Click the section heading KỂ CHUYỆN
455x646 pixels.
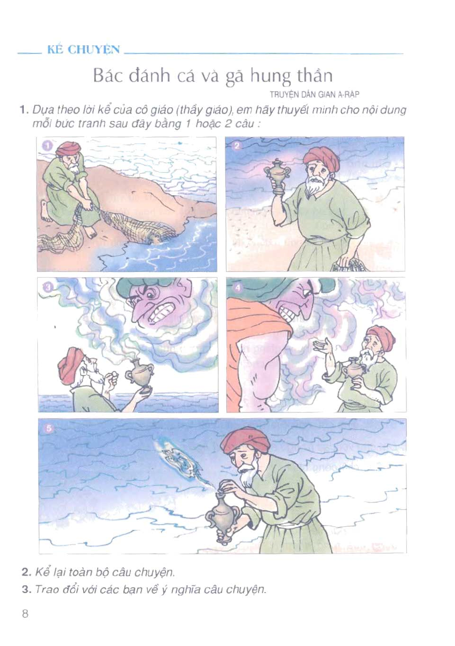(x=84, y=50)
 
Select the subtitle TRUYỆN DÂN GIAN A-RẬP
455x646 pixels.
(x=315, y=94)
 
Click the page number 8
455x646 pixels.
(x=25, y=613)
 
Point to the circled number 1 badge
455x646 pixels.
(x=48, y=146)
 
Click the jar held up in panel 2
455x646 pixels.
(x=277, y=176)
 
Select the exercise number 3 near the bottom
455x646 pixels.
(x=26, y=590)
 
